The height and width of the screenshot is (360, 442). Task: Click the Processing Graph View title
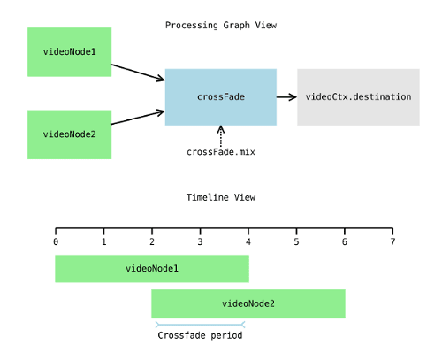(x=220, y=25)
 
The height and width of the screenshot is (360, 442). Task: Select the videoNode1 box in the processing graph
(x=69, y=51)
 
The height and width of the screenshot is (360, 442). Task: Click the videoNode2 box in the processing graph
(x=69, y=134)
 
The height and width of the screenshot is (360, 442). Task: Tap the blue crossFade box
(x=220, y=96)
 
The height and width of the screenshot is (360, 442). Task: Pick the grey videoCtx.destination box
(x=358, y=96)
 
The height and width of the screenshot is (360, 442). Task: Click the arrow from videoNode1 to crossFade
(x=138, y=72)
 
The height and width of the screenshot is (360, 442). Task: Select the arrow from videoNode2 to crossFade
(x=138, y=118)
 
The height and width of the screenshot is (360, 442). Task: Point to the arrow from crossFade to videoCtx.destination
(x=286, y=96)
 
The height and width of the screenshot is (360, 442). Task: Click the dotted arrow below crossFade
(x=220, y=134)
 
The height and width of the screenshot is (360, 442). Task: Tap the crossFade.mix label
(x=220, y=151)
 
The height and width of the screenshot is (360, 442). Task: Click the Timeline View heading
(x=220, y=197)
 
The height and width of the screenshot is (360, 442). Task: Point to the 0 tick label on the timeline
(x=56, y=241)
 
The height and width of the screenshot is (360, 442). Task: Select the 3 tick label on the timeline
(x=200, y=241)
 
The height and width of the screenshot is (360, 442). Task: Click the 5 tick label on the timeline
(x=296, y=241)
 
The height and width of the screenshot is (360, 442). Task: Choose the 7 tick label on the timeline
(x=392, y=241)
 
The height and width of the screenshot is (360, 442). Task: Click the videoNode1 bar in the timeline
(x=151, y=268)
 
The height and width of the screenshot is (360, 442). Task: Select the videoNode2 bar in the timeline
(x=248, y=303)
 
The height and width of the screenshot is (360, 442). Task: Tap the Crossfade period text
(x=200, y=335)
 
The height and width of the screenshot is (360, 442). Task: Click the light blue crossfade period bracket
(x=200, y=325)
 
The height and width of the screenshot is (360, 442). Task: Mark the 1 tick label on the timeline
(x=103, y=241)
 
